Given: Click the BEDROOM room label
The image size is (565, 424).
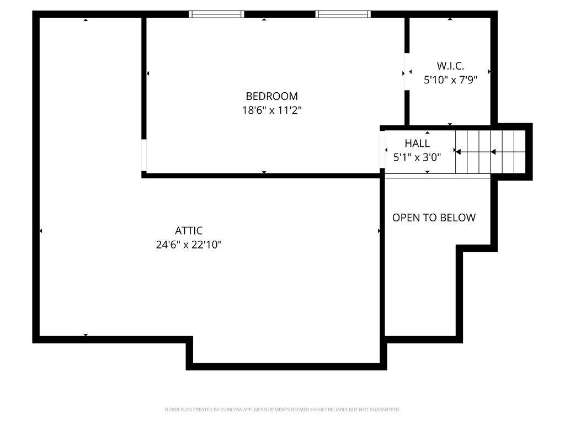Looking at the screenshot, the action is pyautogui.click(x=271, y=96).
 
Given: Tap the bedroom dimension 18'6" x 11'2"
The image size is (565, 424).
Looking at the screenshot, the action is pyautogui.click(x=271, y=110).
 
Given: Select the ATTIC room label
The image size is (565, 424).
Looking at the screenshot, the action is pyautogui.click(x=189, y=230).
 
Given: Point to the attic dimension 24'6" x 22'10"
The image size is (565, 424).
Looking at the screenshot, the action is pyautogui.click(x=189, y=245).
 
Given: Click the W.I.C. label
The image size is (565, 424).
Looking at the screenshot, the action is pyautogui.click(x=450, y=66).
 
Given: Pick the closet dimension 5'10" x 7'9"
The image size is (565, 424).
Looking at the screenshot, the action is pyautogui.click(x=450, y=79).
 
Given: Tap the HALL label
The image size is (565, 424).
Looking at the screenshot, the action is pyautogui.click(x=417, y=143).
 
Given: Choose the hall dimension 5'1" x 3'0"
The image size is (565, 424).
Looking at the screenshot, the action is pyautogui.click(x=417, y=157).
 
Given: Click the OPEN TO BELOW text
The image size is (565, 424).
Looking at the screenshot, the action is pyautogui.click(x=434, y=218).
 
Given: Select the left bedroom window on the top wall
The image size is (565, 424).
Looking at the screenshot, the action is pyautogui.click(x=216, y=14).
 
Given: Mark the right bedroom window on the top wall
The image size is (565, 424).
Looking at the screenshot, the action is pyautogui.click(x=343, y=14).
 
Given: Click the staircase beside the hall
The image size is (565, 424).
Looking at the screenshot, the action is pyautogui.click(x=491, y=152).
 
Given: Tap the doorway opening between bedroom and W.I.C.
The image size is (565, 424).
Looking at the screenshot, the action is pyautogui.click(x=407, y=71).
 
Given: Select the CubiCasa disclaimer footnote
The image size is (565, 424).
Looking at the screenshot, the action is pyautogui.click(x=282, y=410).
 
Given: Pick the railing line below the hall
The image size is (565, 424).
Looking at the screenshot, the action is pyautogui.click(x=438, y=176).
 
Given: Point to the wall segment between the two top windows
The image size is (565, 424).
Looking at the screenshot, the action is pyautogui.click(x=280, y=14).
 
